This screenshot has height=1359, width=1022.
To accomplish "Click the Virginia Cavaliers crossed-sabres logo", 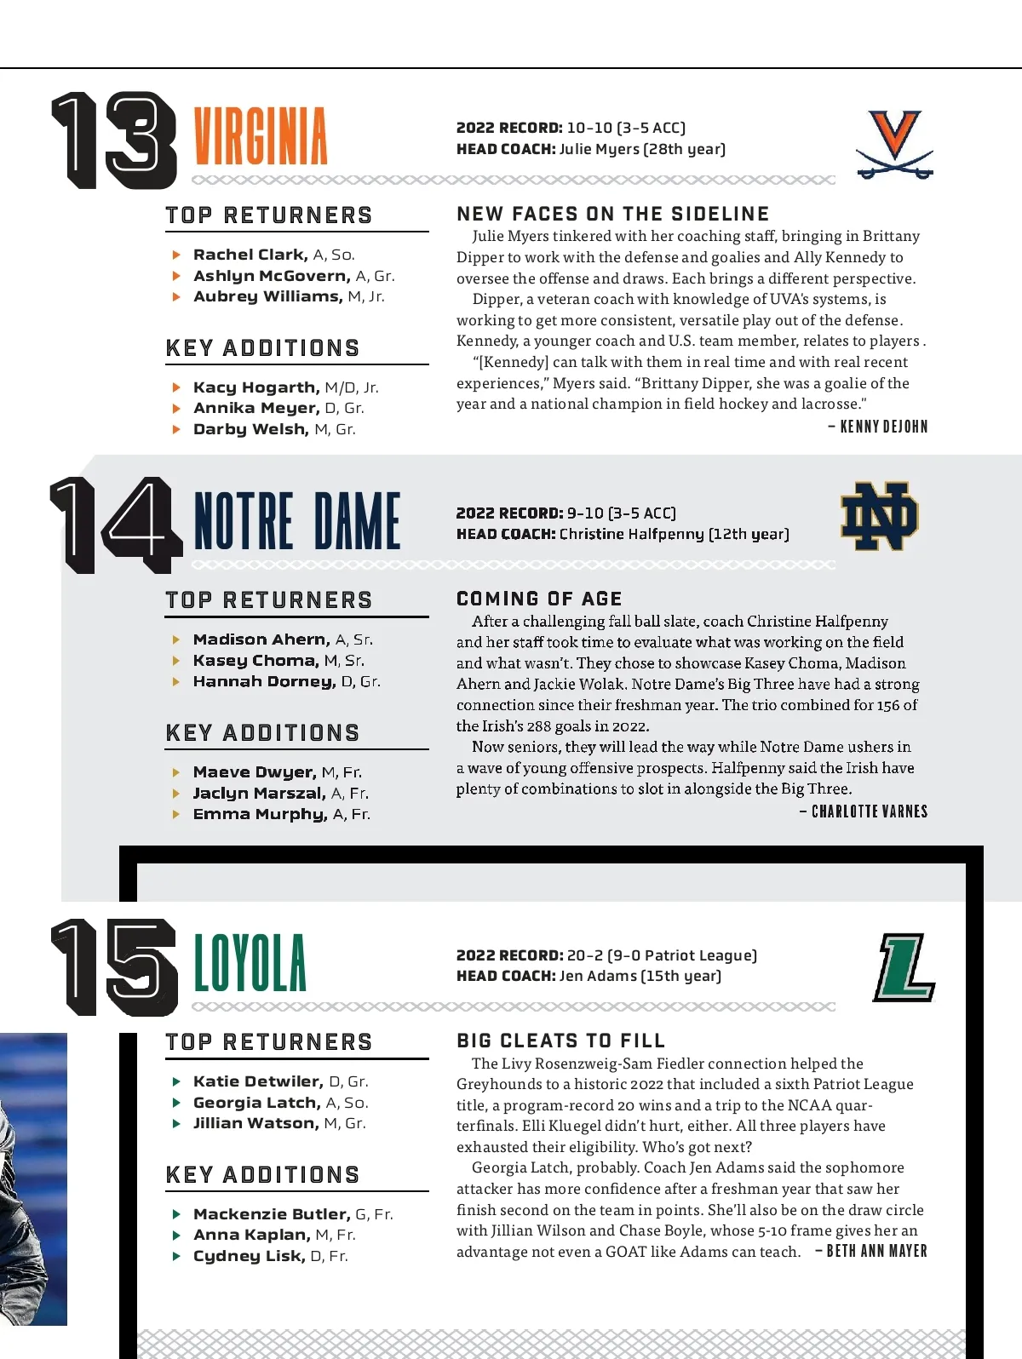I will point(895,144).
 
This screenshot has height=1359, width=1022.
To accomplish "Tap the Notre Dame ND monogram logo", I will point(880,517).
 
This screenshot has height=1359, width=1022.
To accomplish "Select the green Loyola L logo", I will point(904,967).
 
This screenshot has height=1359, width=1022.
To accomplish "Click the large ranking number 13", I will point(114,140).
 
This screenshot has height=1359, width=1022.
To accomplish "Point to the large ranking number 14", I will point(116,524).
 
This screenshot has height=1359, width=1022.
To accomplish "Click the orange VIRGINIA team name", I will point(261,136).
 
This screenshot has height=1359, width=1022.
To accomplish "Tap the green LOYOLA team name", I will point(250,963).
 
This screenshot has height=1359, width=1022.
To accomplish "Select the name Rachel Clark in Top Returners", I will point(250,255).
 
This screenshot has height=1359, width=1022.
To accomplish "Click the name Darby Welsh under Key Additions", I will point(250,429).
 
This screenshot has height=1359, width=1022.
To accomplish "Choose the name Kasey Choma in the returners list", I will point(255,661).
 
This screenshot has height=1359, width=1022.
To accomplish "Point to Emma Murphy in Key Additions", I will point(260,814).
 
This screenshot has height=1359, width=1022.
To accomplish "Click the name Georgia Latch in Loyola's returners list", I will point(256,1103).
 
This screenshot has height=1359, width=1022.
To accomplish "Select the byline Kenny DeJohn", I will point(883,427).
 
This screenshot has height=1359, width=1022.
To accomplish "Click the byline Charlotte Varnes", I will point(869,811).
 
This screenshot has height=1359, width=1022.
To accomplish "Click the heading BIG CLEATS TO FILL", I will point(560,1041).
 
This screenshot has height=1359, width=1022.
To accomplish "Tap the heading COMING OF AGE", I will point(539,599).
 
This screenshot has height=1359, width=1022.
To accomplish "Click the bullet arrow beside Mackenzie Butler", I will point(176,1214).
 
